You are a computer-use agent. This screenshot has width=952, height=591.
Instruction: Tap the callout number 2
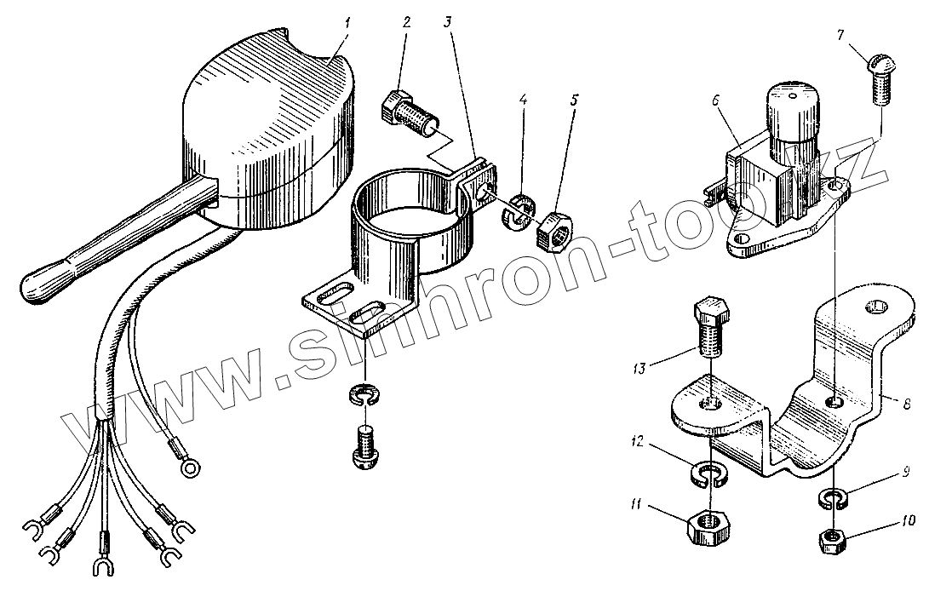(x=407, y=22)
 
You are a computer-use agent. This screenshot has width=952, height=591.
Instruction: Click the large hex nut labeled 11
(x=706, y=527)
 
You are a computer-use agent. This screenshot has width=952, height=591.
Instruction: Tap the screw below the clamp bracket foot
(x=365, y=446)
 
